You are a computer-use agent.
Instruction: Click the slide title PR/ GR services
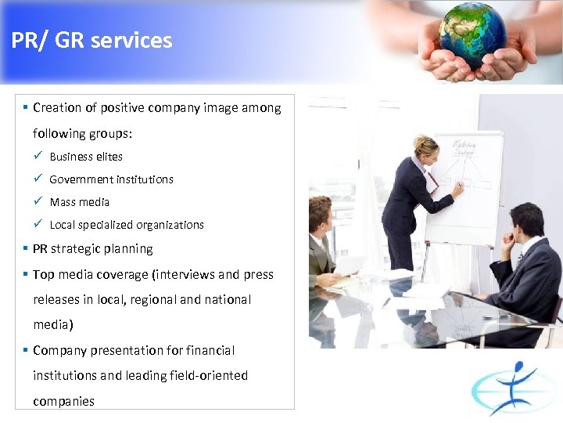91,41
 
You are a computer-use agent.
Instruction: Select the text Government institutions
111,179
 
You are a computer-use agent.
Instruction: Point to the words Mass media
79,202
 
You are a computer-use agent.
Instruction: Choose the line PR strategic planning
92,249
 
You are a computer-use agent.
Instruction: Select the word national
227,300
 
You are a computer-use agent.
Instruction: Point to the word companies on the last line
63,401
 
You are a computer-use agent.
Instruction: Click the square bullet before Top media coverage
26,275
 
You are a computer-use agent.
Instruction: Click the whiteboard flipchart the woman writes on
466,188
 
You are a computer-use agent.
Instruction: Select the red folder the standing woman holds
432,183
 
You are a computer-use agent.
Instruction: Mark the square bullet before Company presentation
26,351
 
